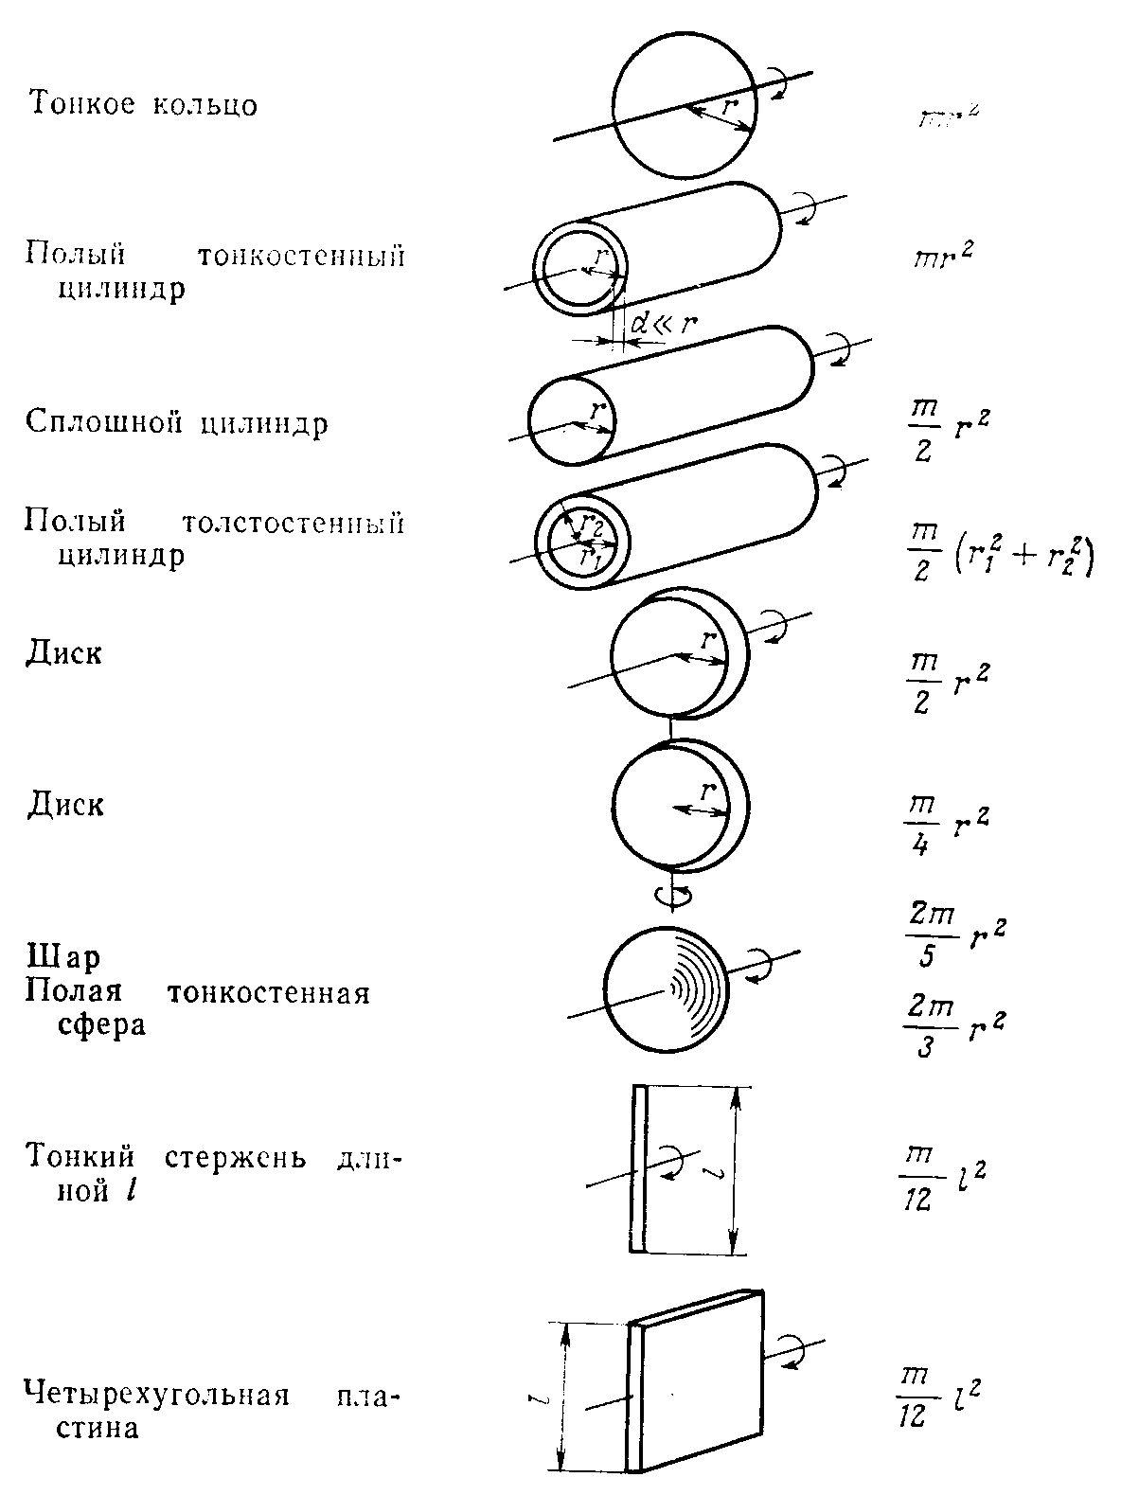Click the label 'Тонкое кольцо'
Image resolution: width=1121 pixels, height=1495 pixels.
[143, 104]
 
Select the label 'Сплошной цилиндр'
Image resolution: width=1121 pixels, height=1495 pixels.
[177, 422]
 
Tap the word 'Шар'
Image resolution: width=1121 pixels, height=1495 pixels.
[62, 958]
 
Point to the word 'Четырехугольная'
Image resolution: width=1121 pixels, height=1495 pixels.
[156, 1397]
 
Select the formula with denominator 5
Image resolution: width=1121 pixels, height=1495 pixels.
[950, 938]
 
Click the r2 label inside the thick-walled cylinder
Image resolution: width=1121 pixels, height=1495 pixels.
[593, 522]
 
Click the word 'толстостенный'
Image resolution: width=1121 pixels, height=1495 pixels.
[293, 523]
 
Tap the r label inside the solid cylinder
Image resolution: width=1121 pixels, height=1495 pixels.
[596, 412]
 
